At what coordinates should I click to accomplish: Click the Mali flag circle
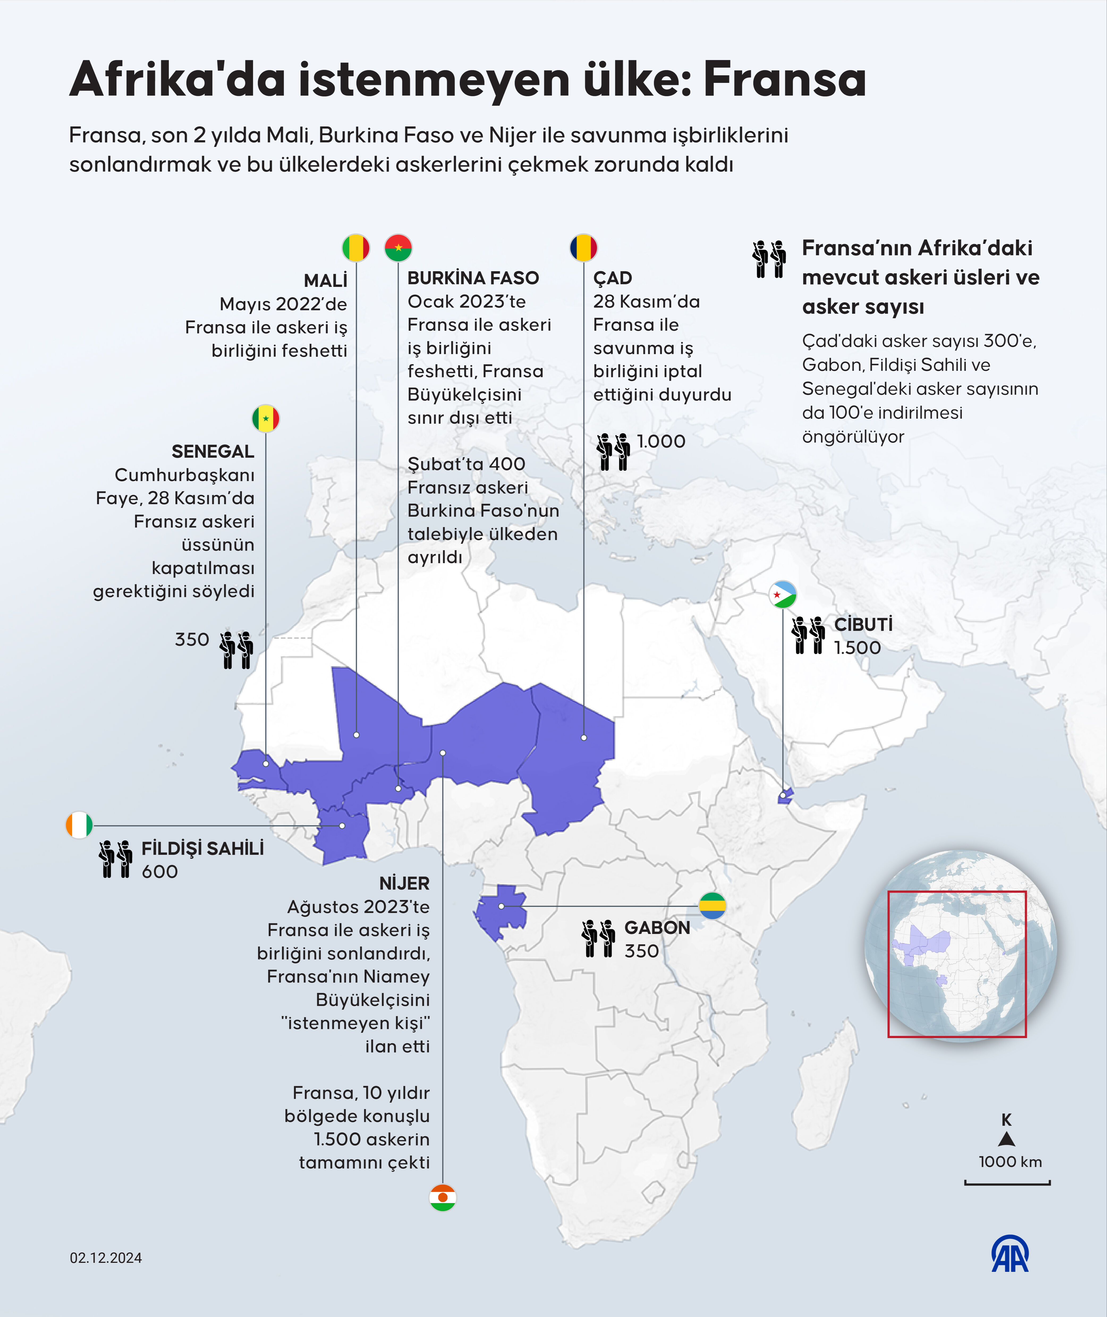point(356,248)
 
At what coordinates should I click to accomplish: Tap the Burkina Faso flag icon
point(398,248)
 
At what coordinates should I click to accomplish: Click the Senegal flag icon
point(265,419)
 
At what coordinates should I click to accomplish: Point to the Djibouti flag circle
point(783,594)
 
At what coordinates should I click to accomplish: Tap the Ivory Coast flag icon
point(79,825)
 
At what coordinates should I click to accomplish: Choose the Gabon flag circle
point(712,905)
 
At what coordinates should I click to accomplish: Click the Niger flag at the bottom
point(442,1197)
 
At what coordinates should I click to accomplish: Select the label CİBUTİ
point(863,624)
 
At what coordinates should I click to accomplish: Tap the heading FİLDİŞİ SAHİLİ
point(202,848)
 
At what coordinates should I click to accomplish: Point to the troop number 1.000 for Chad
point(661,441)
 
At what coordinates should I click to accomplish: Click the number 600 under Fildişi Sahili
point(159,872)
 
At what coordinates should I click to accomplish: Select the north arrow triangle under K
point(1007,1140)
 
